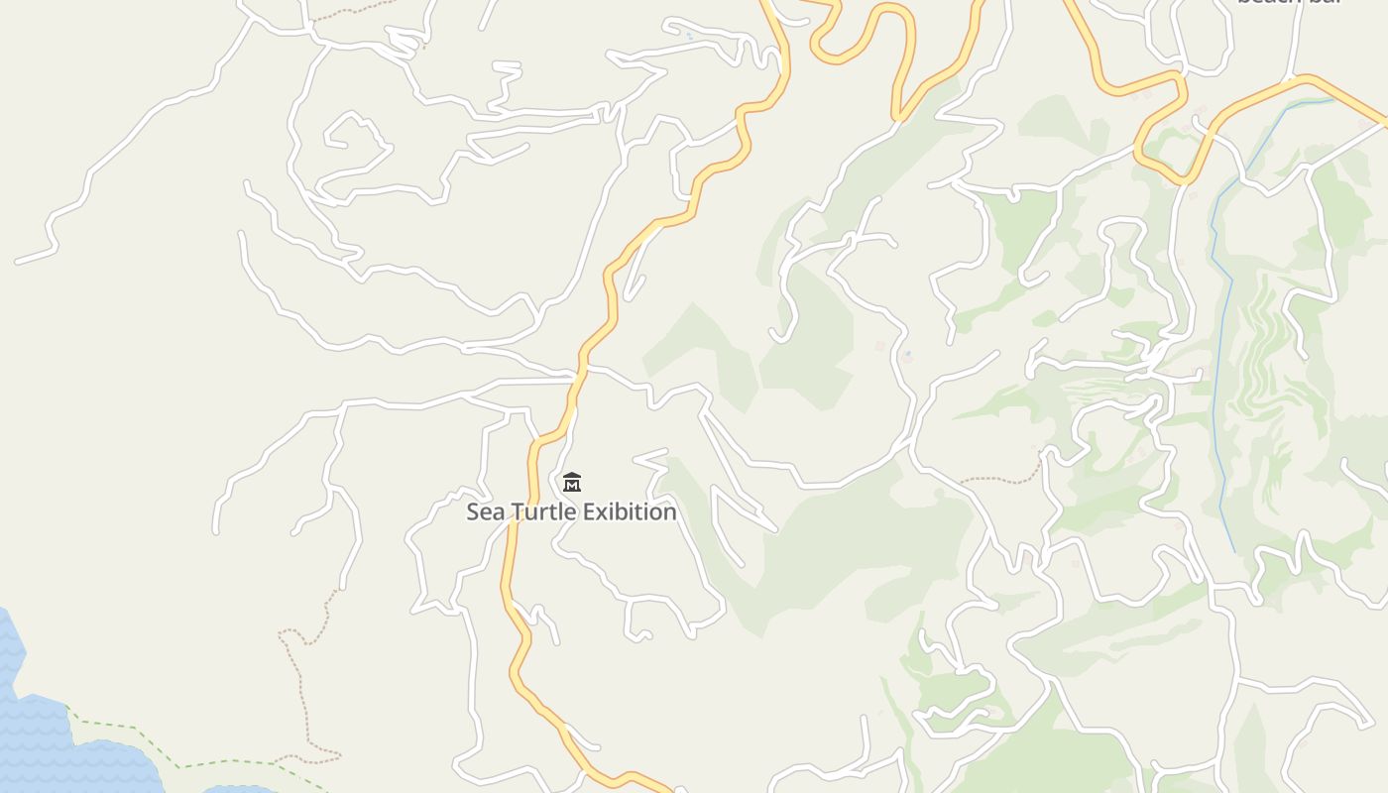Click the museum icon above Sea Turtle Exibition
(x=572, y=483)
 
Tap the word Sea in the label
(x=486, y=512)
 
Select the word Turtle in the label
(x=543, y=512)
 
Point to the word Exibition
(x=630, y=512)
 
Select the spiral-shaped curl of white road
(x=352, y=139)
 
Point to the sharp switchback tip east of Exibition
(x=774, y=528)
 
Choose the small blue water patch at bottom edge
(x=238, y=789)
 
